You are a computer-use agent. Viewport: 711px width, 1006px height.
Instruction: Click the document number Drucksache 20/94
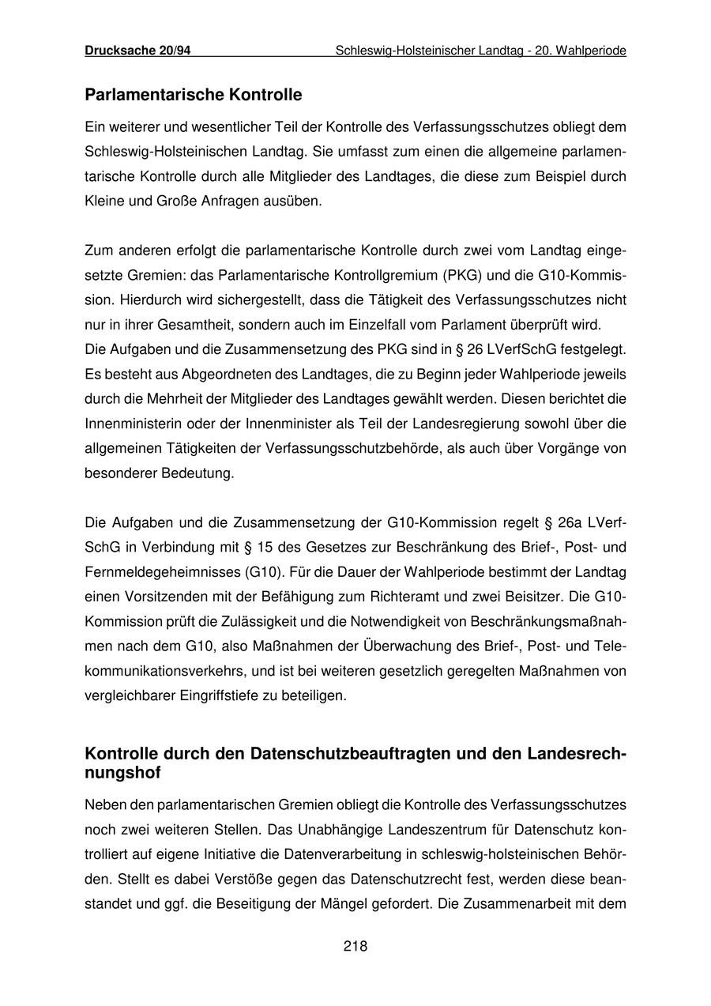137,51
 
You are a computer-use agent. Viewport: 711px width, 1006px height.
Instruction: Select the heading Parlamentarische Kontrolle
193,96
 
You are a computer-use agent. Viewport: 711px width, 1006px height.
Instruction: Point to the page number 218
355,946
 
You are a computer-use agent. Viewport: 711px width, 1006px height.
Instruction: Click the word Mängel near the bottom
385,903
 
